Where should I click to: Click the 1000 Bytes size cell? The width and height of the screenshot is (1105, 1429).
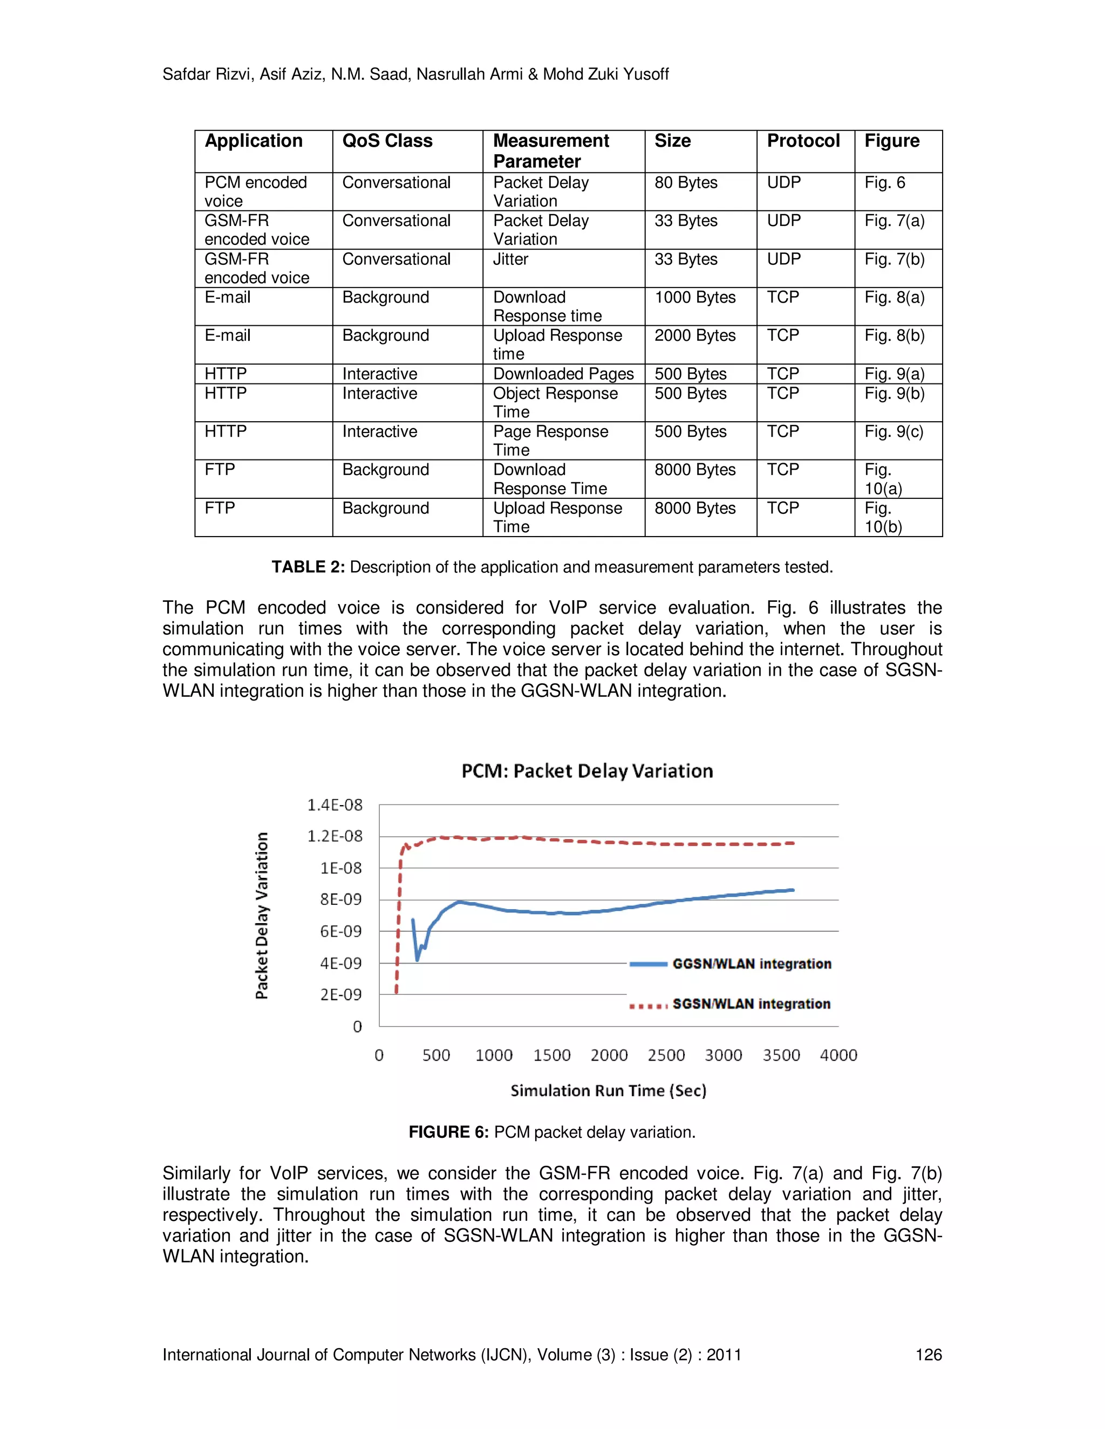point(694,298)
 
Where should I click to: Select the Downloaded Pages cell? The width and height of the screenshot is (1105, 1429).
point(563,374)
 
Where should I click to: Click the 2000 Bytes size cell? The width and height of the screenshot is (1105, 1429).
point(694,335)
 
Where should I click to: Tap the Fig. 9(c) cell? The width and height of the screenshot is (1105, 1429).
point(893,432)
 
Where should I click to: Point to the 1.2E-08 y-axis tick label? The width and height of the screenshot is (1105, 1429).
point(335,836)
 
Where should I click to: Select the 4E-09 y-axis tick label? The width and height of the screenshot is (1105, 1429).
point(340,963)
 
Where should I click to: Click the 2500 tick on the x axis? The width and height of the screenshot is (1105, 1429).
point(666,1055)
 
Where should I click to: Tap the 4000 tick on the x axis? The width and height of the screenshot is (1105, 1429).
point(838,1055)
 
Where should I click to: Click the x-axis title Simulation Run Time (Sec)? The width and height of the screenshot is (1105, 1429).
point(608,1091)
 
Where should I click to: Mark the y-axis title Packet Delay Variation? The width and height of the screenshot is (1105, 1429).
point(262,916)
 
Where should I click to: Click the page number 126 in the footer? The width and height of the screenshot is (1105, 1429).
point(927,1355)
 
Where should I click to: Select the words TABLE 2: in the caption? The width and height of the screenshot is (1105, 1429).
point(308,567)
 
